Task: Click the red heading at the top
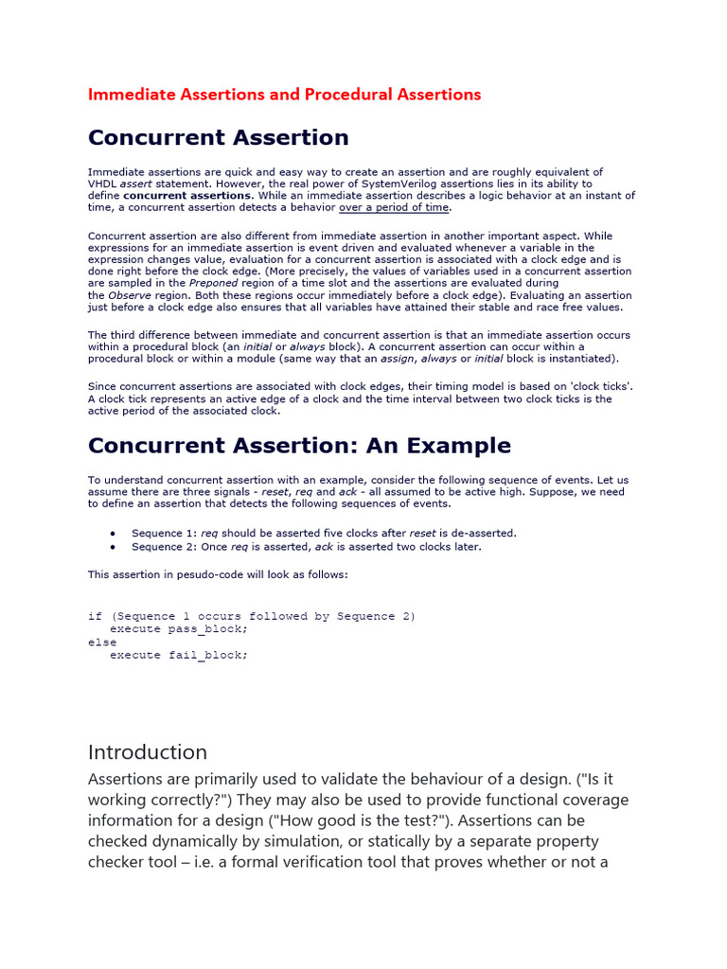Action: click(x=284, y=95)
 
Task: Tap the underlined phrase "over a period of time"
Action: click(x=394, y=207)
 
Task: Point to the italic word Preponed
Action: click(x=214, y=282)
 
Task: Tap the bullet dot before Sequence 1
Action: click(x=114, y=534)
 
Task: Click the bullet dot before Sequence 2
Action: click(x=114, y=547)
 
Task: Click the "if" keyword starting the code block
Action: click(x=95, y=616)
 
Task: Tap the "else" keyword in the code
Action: click(x=102, y=642)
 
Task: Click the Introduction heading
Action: click(x=148, y=752)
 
